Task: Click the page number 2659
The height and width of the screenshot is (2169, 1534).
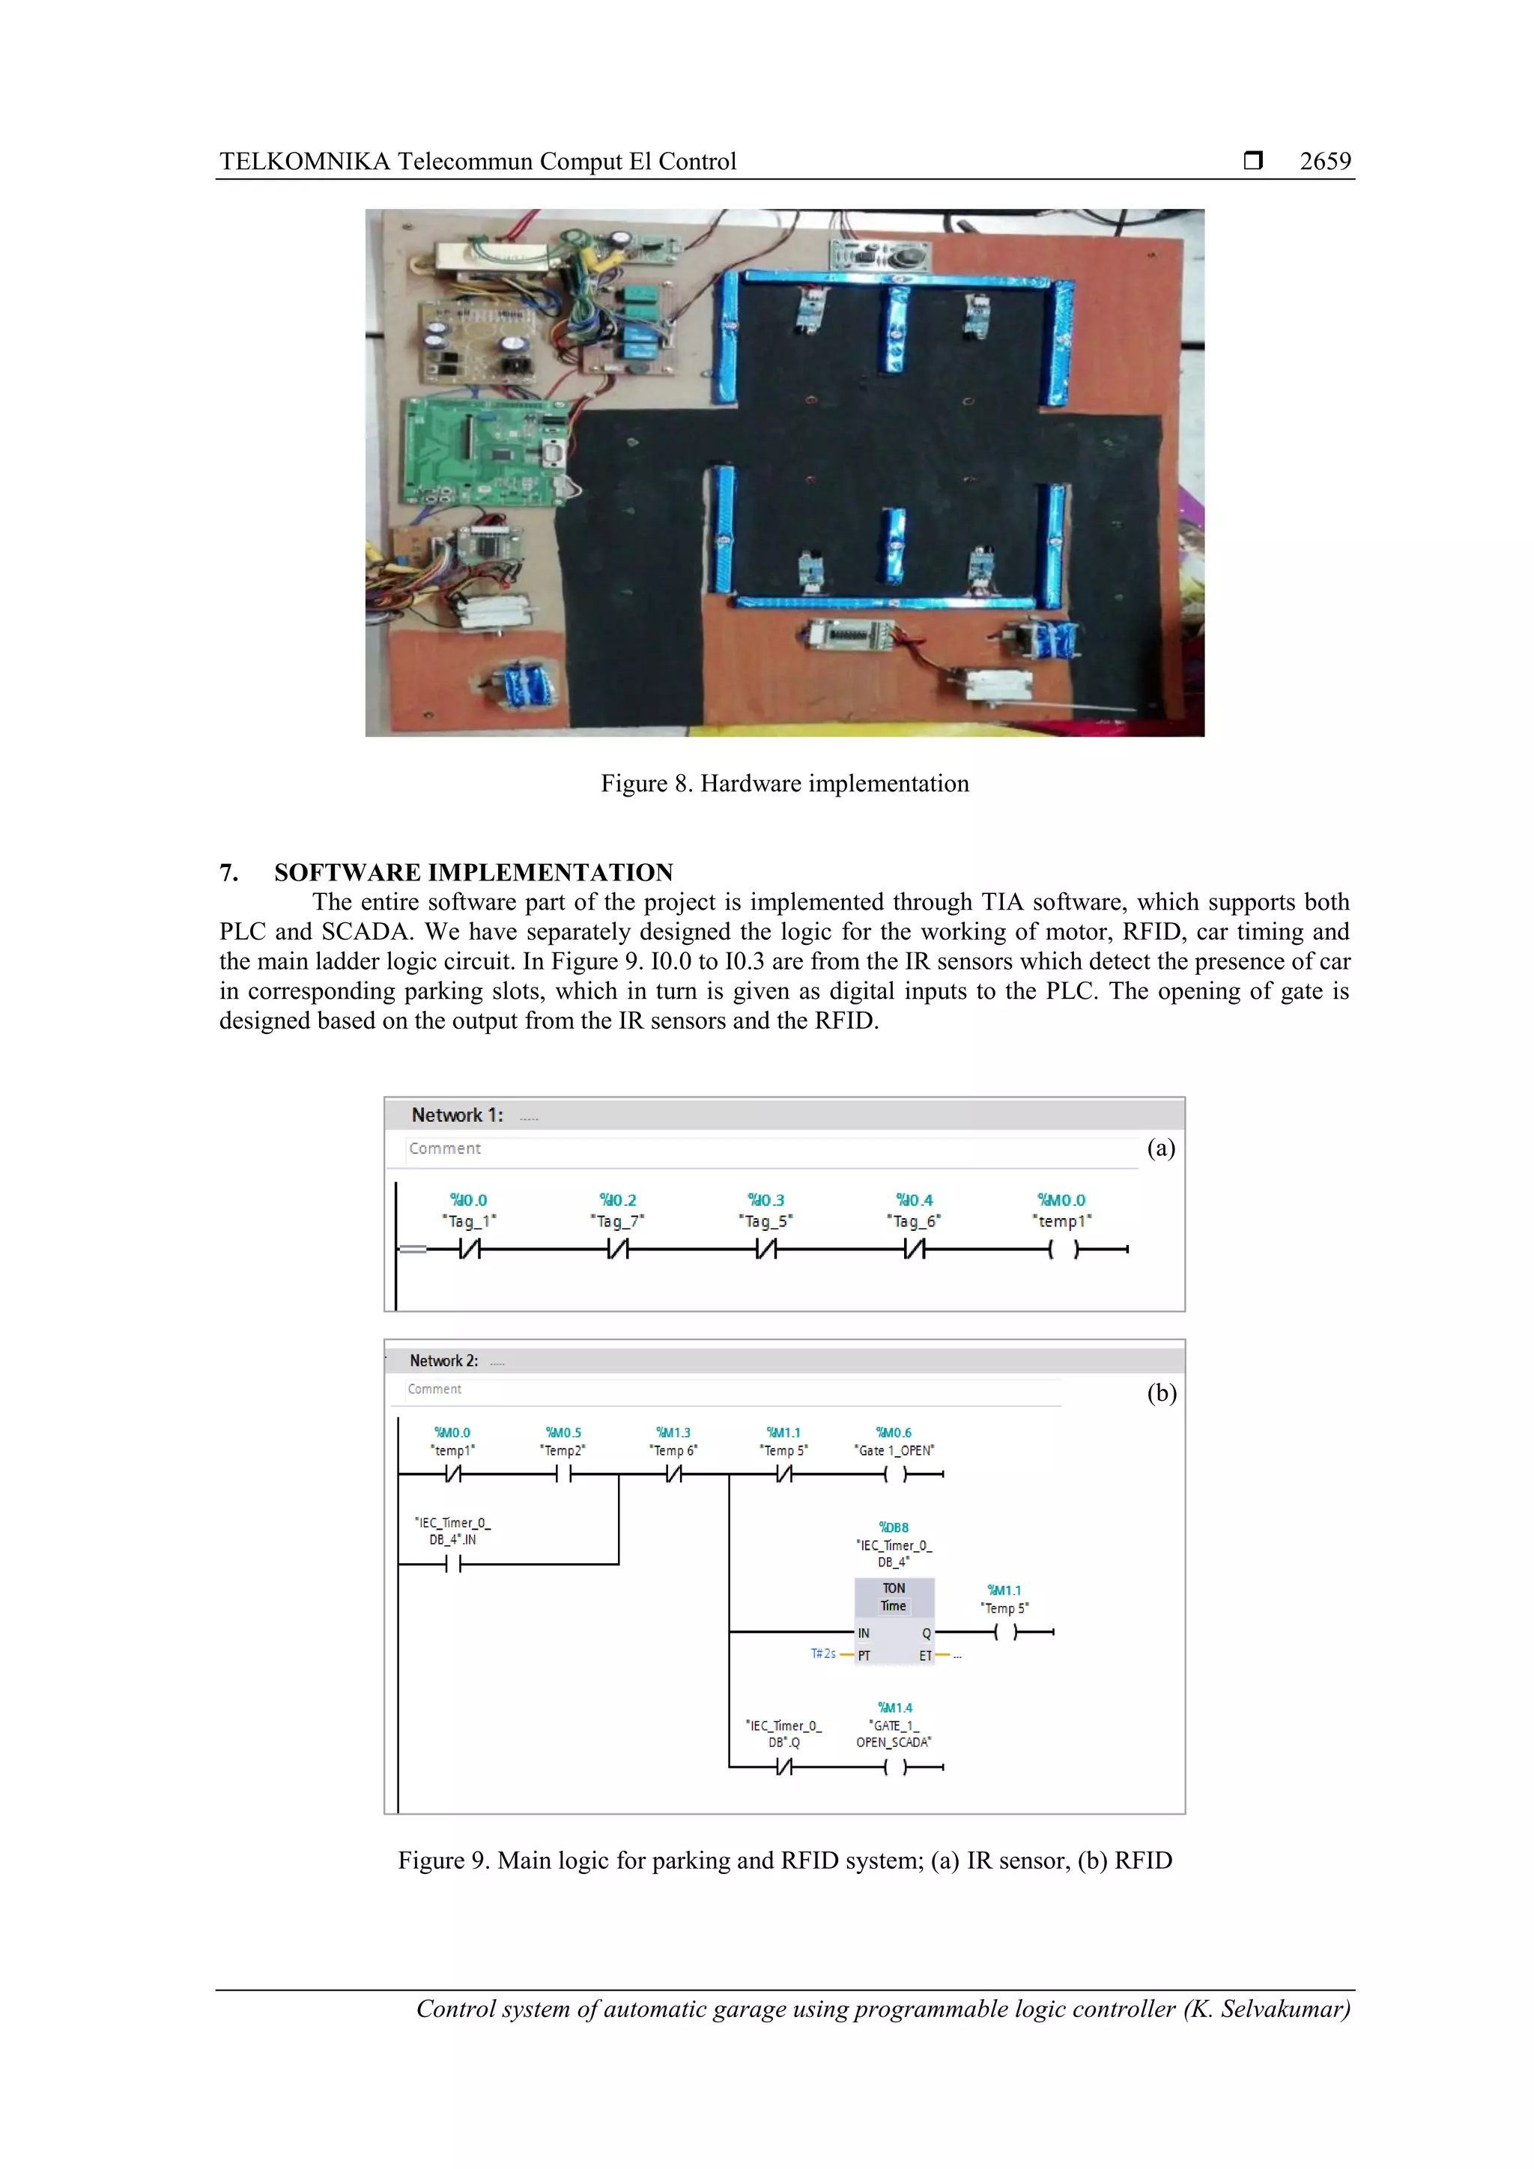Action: [x=1324, y=162]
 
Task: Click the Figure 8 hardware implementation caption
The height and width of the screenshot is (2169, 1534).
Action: [x=783, y=783]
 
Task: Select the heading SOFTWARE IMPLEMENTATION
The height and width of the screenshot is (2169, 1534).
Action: [x=473, y=872]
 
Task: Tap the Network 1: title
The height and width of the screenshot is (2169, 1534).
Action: [x=456, y=1115]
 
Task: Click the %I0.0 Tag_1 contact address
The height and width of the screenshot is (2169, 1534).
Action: [x=468, y=1199]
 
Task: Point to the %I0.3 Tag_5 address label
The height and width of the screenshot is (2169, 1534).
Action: [x=766, y=1199]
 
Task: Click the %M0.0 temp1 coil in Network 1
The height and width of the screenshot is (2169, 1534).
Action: [x=1062, y=1249]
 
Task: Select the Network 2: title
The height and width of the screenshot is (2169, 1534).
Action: [x=443, y=1360]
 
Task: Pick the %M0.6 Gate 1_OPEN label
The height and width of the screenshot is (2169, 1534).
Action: [x=893, y=1441]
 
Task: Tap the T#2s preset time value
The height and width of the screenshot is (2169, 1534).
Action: [x=822, y=1653]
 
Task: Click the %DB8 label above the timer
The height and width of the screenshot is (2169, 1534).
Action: [x=893, y=1527]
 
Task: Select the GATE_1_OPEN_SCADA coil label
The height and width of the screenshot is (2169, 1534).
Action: [x=893, y=1733]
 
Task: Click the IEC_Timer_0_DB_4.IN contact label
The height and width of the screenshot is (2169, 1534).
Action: [x=452, y=1530]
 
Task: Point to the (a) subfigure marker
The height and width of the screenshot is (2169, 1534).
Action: [x=1161, y=1148]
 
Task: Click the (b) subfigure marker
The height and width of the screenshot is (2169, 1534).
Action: [x=1161, y=1393]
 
